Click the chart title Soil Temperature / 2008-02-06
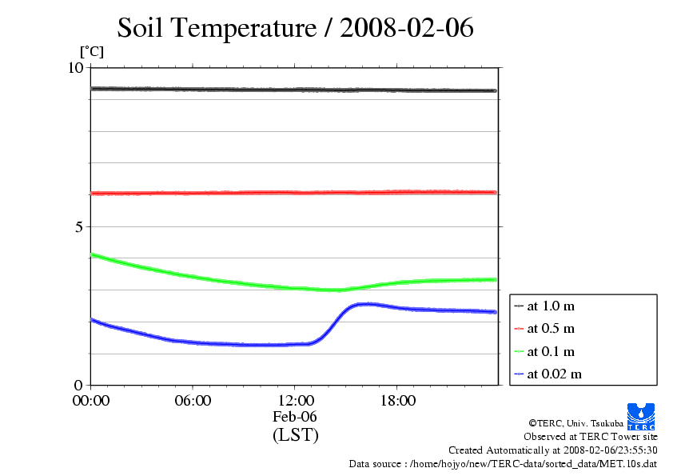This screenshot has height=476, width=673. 296,28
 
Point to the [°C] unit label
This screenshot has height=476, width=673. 91,52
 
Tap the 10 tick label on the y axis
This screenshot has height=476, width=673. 75,68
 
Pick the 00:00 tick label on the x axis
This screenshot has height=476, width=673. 91,401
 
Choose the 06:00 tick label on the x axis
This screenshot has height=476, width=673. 193,401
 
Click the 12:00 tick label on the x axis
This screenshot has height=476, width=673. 295,401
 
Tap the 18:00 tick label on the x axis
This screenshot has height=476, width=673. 397,401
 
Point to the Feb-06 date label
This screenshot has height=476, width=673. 295,417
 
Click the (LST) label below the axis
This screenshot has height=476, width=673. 295,435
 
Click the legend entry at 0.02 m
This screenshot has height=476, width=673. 553,374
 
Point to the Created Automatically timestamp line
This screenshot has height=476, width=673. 552,450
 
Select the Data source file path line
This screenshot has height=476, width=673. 503,463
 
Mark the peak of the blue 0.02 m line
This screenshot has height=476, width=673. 367,304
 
